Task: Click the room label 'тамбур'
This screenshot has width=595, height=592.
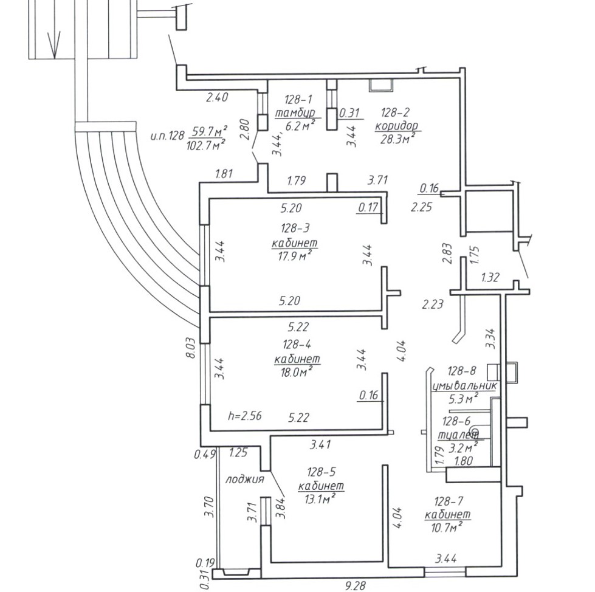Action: click(x=295, y=113)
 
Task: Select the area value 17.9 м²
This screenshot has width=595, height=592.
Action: click(x=295, y=255)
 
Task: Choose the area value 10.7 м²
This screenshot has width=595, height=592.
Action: click(x=447, y=528)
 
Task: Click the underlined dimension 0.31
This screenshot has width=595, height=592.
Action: click(x=349, y=113)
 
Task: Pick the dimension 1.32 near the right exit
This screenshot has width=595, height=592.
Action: click(x=490, y=278)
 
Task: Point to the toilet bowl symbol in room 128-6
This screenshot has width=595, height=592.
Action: click(x=475, y=433)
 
